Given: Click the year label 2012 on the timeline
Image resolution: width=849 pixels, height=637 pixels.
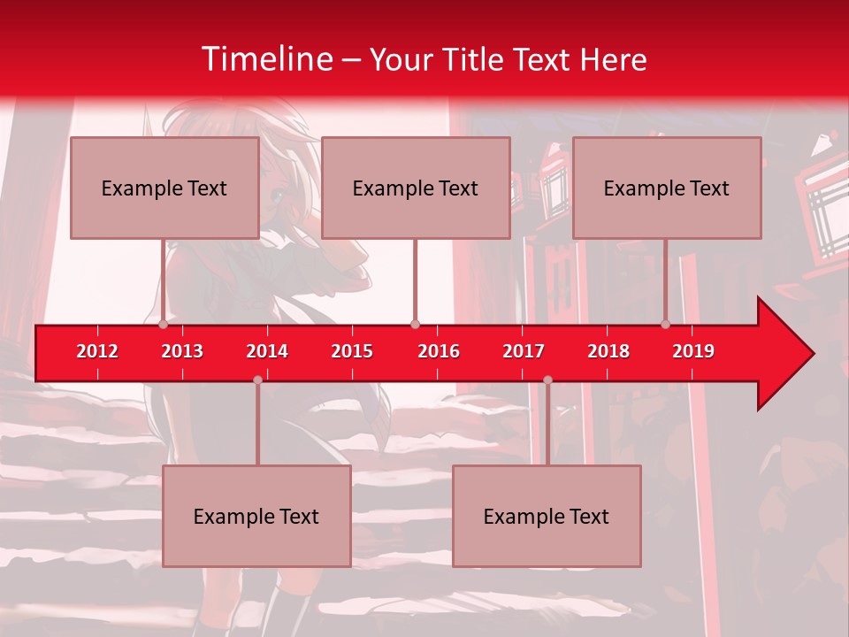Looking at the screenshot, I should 97,351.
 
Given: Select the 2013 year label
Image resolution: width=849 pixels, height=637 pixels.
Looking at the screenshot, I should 182,351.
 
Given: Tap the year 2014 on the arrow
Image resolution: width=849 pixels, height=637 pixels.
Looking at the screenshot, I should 267,351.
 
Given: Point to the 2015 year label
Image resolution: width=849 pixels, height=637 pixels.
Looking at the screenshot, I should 352,351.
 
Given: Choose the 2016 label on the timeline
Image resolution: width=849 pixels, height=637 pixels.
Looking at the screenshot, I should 439,351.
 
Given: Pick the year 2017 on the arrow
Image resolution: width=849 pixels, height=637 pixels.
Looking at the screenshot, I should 524,351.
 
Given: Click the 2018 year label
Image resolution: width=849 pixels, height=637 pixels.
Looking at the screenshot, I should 608,351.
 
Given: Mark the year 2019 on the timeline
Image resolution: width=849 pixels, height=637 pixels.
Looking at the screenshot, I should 693,351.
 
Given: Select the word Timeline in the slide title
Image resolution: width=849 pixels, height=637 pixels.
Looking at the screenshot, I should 267,59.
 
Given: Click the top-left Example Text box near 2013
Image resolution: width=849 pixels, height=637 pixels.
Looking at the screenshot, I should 164,188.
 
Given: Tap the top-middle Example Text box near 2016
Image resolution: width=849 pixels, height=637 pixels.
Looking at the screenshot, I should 416,188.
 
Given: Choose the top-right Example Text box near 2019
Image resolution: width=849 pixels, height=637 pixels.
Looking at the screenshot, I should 667,188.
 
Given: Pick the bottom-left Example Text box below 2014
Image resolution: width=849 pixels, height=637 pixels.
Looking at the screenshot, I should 256,516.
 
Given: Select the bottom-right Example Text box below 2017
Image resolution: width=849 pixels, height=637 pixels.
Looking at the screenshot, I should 547,516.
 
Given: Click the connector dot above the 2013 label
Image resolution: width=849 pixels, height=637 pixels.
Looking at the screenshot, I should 164,325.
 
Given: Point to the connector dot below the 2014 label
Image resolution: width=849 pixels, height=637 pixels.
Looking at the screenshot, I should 257,380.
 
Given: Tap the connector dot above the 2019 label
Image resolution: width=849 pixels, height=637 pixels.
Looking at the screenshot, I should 666,325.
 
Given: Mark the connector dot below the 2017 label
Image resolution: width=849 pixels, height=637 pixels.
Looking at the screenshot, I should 547,380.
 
